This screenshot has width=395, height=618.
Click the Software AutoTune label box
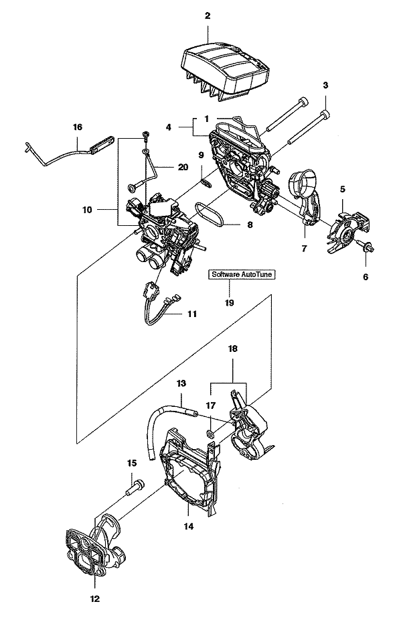point(242,274)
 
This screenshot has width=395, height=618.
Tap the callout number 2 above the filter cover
point(208,16)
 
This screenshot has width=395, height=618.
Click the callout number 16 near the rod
point(78,127)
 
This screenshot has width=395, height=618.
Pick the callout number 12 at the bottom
point(95,599)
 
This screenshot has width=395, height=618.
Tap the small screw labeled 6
point(366,247)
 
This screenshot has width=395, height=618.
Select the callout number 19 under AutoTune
point(229,302)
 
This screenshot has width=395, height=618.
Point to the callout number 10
point(87,210)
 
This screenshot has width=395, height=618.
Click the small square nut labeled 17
point(210,434)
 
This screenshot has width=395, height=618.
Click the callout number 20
point(183,167)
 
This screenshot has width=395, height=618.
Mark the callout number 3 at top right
point(325,84)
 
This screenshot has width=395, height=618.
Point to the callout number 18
point(233,349)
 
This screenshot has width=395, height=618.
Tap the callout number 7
point(304,249)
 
